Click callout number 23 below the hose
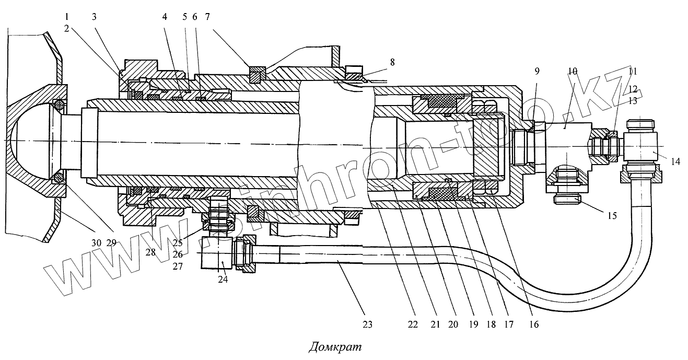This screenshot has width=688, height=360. click(368, 324)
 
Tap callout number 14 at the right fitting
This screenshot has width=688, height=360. click(675, 161)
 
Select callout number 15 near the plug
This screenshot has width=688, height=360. click(611, 215)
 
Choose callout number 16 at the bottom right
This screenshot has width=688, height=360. click(533, 324)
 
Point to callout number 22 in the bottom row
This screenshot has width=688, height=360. click(413, 324)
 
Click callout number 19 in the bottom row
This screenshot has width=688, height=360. click(474, 324)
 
